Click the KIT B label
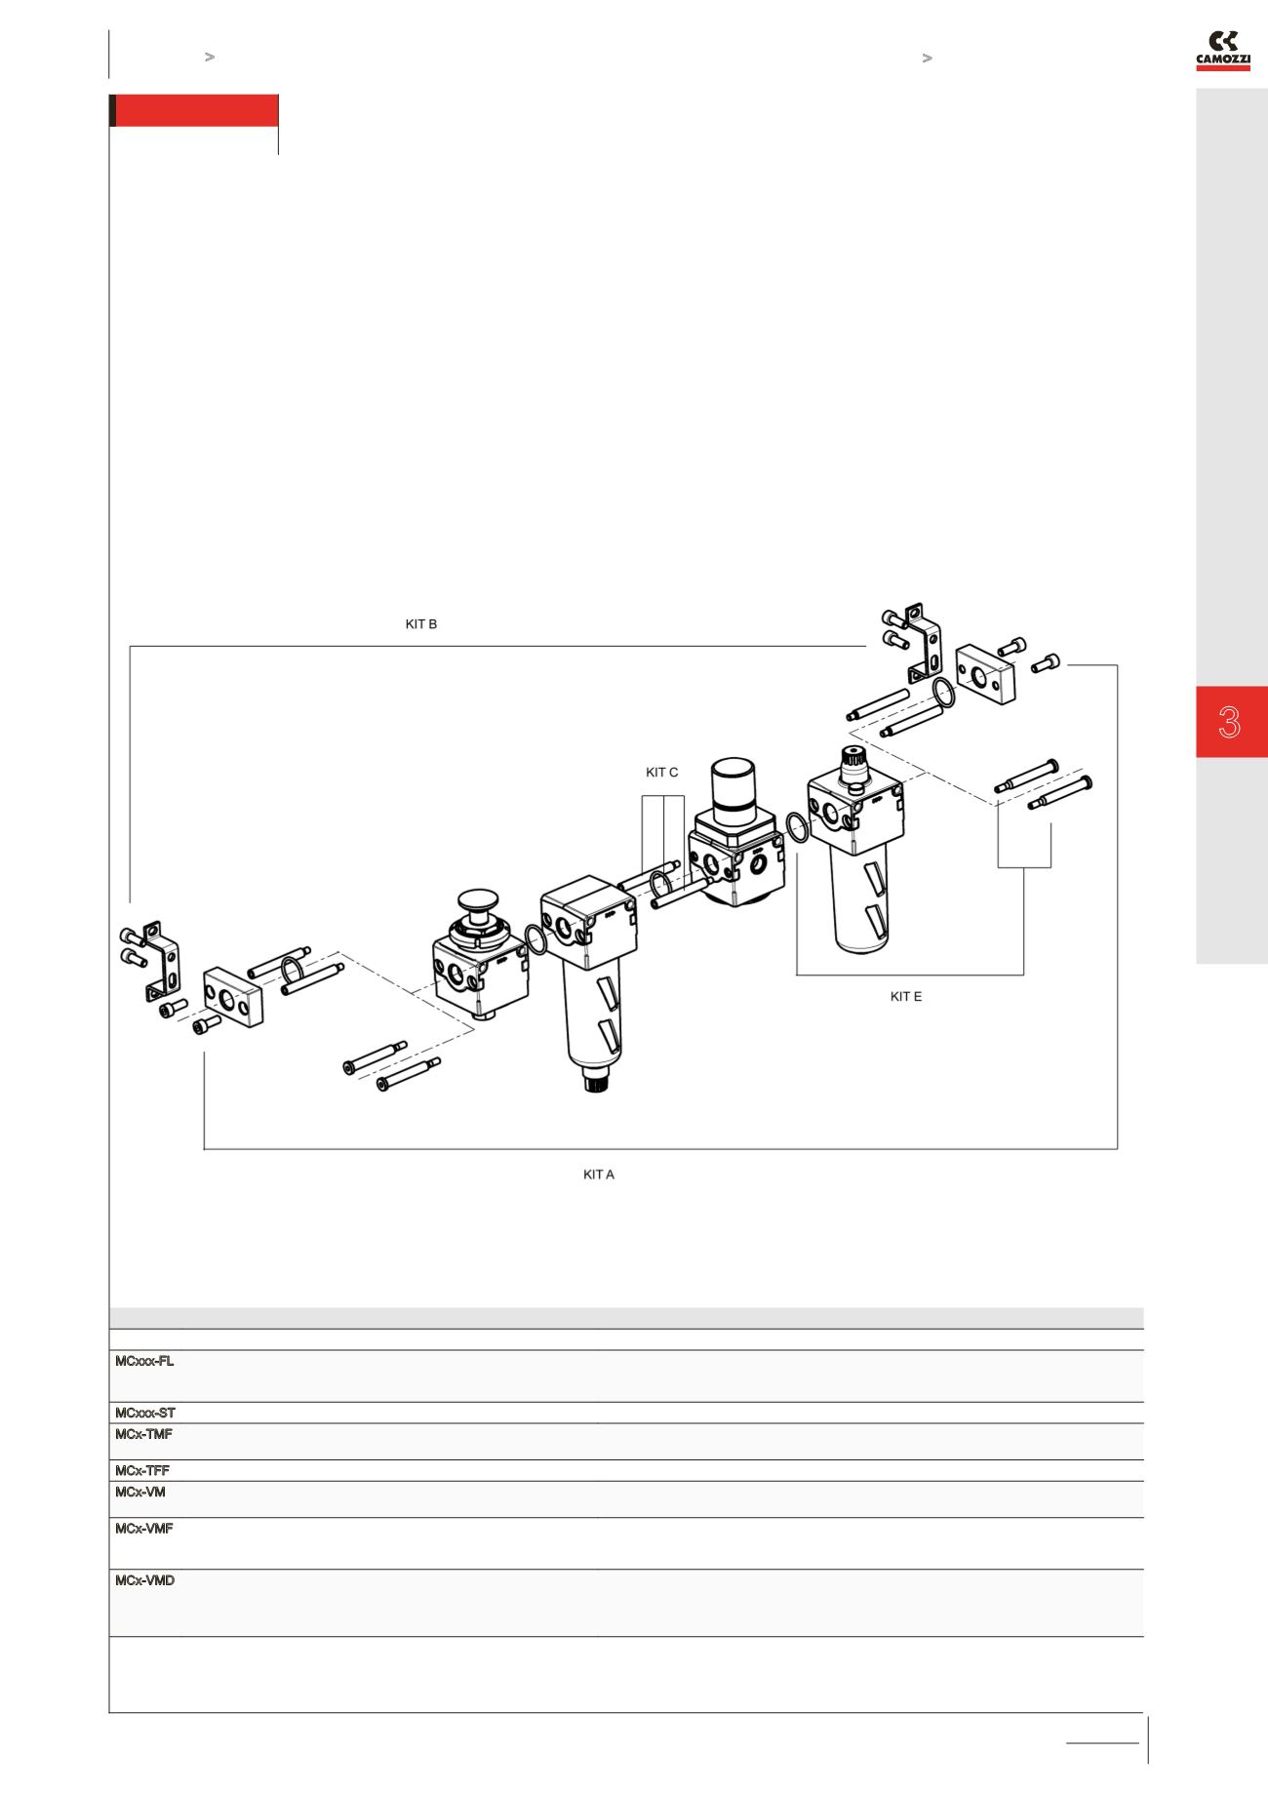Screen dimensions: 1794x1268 click(420, 624)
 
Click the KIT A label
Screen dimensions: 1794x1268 click(598, 1175)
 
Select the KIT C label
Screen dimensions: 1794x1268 click(661, 773)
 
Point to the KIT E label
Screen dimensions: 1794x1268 click(905, 997)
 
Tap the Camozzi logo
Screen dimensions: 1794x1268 click(1222, 51)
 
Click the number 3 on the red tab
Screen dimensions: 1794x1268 click(1229, 723)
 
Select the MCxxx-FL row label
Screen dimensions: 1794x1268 click(144, 1361)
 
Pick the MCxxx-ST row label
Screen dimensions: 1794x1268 click(145, 1413)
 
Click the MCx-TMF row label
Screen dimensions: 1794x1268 click(144, 1434)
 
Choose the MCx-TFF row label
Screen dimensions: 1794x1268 click(142, 1470)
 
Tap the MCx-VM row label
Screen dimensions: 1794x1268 click(140, 1492)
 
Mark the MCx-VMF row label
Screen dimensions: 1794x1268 click(144, 1529)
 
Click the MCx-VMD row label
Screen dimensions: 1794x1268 click(145, 1580)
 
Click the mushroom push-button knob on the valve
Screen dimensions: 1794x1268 click(478, 899)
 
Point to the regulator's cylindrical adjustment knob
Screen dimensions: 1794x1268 click(739, 783)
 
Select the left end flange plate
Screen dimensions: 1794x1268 click(233, 999)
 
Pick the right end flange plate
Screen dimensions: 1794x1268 click(985, 673)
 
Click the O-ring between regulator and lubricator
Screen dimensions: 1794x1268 click(796, 828)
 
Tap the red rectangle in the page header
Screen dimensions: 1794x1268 click(195, 110)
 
